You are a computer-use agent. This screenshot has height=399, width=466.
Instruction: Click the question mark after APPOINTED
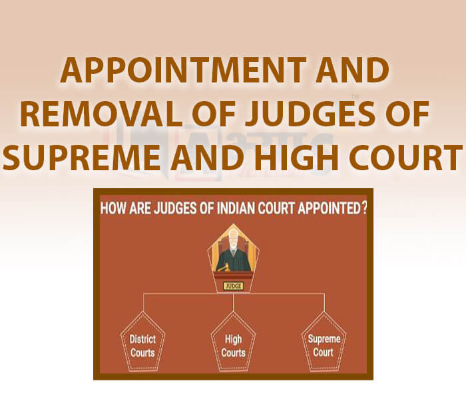(363, 207)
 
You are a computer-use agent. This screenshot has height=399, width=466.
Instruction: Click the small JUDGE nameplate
(234, 286)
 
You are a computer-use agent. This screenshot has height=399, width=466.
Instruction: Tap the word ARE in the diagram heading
(144, 207)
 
